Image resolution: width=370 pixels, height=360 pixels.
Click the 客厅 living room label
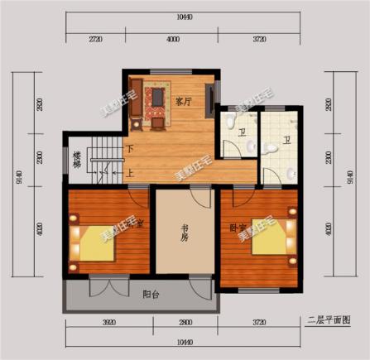tap(184, 102)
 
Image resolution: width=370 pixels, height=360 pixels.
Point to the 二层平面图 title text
tap(329, 319)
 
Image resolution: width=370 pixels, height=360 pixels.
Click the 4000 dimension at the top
tap(171, 40)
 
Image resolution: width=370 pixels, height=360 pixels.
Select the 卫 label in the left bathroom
tap(242, 132)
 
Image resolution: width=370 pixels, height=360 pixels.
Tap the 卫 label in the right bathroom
tap(286, 141)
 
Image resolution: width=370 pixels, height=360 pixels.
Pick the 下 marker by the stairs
tap(130, 150)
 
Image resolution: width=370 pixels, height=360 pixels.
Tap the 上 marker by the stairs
tap(130, 174)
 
